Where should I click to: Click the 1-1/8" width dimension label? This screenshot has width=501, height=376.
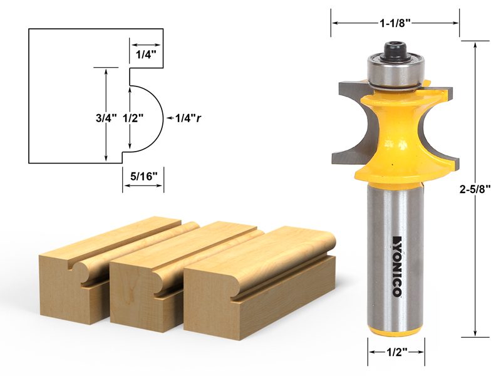[x=396, y=23]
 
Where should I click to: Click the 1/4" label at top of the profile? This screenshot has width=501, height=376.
[x=146, y=55]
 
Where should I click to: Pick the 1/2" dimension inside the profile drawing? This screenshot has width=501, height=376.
[x=130, y=117]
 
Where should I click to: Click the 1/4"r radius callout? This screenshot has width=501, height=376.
[x=188, y=117]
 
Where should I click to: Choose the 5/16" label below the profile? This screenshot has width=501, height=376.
[x=143, y=177]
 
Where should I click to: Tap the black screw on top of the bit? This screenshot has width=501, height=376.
[x=395, y=51]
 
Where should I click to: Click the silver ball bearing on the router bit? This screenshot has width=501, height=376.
[x=395, y=71]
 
